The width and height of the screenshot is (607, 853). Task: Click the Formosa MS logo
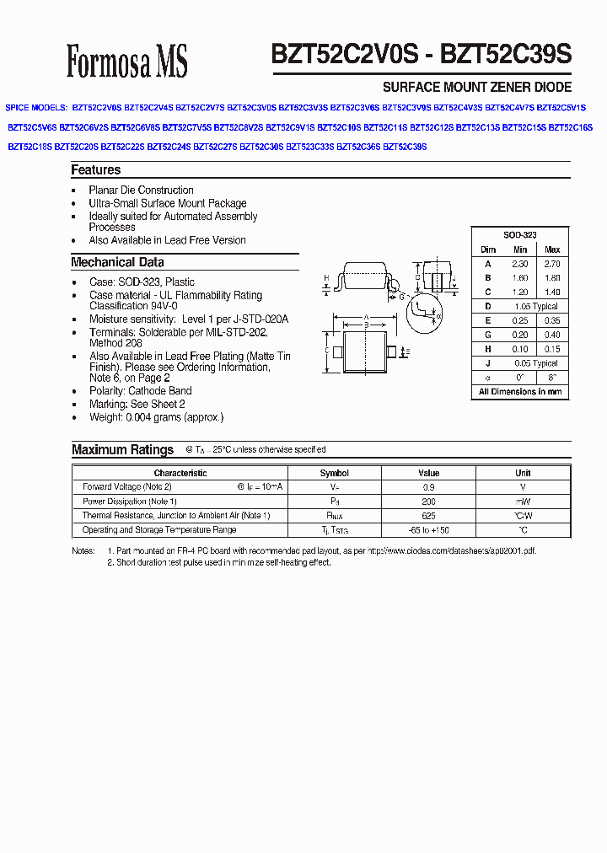126,62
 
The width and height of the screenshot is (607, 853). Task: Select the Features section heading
95,170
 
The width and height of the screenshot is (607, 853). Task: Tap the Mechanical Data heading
117,262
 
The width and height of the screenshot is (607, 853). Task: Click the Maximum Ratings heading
122,450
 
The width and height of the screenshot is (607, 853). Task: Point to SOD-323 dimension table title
520,235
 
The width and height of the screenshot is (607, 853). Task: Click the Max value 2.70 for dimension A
552,264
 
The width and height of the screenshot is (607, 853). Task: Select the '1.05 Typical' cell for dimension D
535,307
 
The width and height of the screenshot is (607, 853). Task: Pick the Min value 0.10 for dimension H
520,349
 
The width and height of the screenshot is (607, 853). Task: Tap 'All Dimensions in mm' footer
520,392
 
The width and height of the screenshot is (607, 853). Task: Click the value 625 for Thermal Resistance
429,516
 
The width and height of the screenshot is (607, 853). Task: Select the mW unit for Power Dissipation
524,502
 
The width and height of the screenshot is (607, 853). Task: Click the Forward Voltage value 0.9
429,487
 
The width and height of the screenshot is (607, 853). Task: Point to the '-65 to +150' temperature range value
429,530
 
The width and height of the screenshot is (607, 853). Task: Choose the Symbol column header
335,473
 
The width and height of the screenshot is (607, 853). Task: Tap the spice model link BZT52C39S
406,147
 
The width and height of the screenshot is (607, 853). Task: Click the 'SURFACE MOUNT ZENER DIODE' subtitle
477,87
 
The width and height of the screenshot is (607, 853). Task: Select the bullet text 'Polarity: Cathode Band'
140,391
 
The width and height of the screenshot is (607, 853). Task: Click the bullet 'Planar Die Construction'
141,190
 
